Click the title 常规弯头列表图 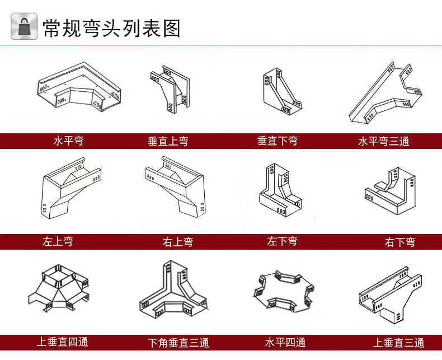112,27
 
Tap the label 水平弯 68,141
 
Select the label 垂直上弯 168,141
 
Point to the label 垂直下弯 277,141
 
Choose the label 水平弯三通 383,141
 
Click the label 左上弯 58,242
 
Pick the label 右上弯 178,242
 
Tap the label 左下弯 282,241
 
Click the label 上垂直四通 63,341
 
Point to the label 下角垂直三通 178,342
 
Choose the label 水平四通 285,342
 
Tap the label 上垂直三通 399,342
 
